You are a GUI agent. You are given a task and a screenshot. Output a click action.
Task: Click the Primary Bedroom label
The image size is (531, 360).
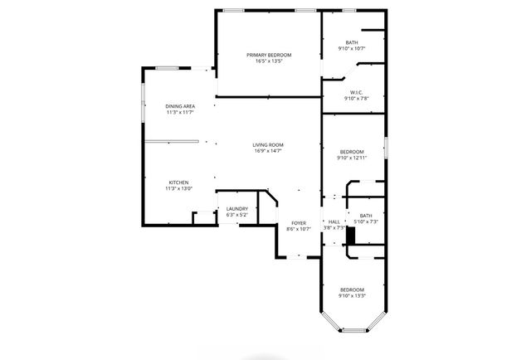pos(268,55)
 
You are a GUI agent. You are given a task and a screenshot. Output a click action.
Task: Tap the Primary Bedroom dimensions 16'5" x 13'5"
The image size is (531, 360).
pos(268,61)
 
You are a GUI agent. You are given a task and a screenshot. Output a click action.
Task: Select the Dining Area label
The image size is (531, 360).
pos(180,106)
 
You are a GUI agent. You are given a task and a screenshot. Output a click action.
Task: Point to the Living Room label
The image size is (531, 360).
pos(268,144)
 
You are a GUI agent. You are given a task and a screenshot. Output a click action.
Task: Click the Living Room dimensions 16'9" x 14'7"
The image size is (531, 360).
pos(268,151)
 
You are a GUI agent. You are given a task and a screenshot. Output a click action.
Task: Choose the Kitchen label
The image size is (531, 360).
pos(179,182)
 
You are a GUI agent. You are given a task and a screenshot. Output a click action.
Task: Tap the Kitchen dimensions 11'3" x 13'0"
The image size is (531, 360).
pos(179,189)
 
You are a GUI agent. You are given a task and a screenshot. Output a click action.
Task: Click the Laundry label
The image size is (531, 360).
pos(237,209)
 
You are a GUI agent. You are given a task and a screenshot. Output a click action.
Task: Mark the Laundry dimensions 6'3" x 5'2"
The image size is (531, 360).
pos(237,216)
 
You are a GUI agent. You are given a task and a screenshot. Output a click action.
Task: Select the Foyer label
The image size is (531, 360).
pos(299,222)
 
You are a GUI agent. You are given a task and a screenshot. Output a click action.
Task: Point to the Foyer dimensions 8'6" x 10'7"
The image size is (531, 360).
pos(299,229)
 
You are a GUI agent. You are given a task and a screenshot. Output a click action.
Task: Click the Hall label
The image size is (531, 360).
pos(334,221)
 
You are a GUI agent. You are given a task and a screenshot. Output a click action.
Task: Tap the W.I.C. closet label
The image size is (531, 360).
pos(356,92)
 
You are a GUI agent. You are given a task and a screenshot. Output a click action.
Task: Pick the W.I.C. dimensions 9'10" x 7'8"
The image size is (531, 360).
pos(356,99)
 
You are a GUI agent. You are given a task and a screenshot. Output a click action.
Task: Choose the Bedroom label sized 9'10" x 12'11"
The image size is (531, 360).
pos(352,151)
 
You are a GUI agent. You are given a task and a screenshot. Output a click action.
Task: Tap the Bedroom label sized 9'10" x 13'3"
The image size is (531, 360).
pos(352,289)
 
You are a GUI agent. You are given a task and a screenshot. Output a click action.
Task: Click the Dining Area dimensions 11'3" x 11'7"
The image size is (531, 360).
pos(180,113)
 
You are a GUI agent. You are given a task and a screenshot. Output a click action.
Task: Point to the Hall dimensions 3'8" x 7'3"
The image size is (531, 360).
pos(334,228)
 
